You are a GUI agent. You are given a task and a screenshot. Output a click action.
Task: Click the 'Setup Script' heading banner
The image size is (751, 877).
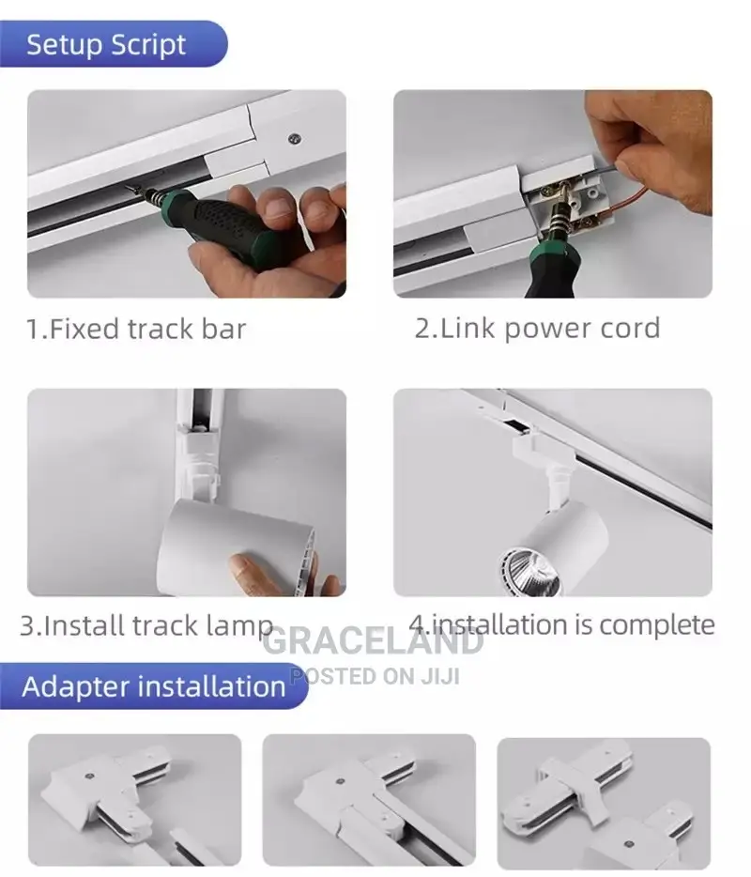pyautogui.click(x=106, y=44)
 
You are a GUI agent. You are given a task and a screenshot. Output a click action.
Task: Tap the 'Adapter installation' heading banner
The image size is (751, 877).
pyautogui.click(x=153, y=685)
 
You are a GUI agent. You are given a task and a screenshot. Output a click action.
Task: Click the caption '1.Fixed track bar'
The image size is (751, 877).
pyautogui.click(x=135, y=329)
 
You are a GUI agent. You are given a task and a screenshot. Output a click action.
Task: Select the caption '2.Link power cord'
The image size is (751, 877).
pyautogui.click(x=537, y=328)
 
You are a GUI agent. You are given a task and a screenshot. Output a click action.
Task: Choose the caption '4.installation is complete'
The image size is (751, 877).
pyautogui.click(x=561, y=624)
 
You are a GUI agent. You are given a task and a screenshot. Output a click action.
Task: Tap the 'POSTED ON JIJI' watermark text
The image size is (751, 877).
pyautogui.click(x=375, y=675)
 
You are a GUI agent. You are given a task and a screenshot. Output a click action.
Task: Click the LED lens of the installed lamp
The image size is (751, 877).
pyautogui.click(x=529, y=570)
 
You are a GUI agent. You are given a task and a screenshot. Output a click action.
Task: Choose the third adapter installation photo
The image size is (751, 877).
pyautogui.click(x=604, y=803)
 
